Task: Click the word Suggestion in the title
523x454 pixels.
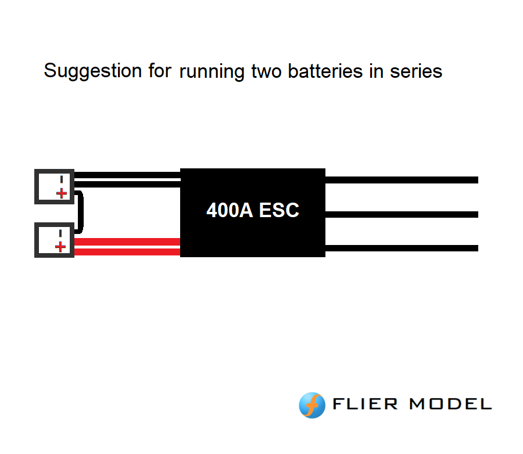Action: tap(84, 71)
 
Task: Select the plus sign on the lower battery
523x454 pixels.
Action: tap(60, 247)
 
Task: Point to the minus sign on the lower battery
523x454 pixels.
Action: tap(60, 233)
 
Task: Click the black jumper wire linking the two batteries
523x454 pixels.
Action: tap(81, 212)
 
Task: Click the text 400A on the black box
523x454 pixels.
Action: tap(230, 210)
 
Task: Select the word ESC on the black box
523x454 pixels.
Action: tap(279, 210)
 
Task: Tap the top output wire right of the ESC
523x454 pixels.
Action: tap(401, 180)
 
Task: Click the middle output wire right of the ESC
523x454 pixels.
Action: tap(401, 214)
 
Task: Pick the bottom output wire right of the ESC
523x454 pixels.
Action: tap(401, 248)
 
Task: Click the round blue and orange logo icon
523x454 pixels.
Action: tap(312, 405)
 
